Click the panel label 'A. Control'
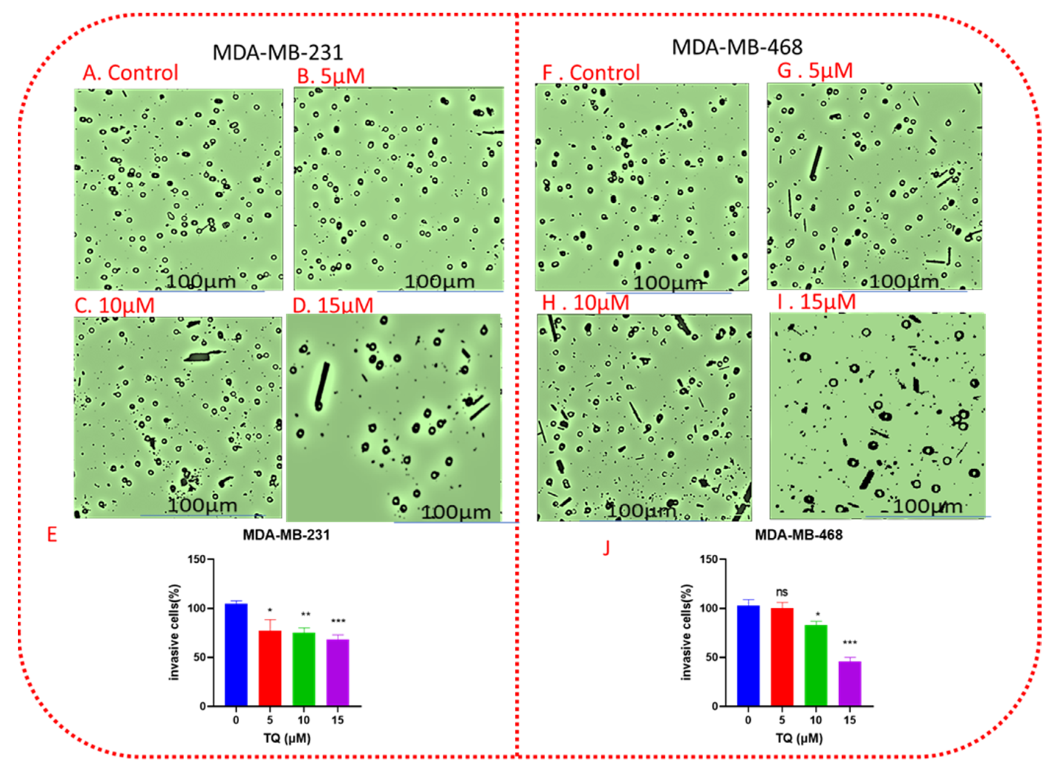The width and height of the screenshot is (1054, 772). [131, 73]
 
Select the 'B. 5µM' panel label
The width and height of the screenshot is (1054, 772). [331, 76]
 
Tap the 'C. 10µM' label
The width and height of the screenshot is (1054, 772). [114, 305]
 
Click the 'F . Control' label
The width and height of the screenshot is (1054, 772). [591, 73]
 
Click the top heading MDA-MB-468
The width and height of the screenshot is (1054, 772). [737, 47]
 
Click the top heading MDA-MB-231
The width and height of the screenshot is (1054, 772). [278, 52]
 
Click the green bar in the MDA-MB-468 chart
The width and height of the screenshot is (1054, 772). [816, 665]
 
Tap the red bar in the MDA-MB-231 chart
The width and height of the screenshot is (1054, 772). [270, 668]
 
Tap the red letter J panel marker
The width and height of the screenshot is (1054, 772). [606, 548]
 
